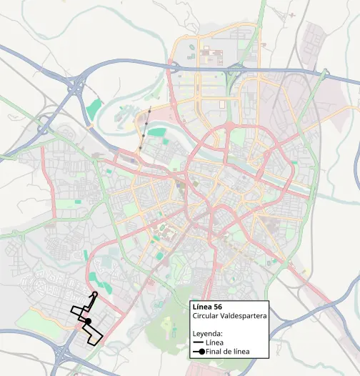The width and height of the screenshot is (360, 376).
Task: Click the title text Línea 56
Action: point(208,307)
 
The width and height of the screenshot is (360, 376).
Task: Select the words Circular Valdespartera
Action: point(226,316)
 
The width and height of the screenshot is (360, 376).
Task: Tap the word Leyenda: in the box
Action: point(208,333)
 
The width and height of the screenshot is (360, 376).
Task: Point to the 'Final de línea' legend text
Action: point(230,351)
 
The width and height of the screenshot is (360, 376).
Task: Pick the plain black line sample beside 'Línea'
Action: point(198,342)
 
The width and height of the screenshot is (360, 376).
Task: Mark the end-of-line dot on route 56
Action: point(87,322)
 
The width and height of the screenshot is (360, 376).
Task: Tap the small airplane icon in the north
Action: point(293,14)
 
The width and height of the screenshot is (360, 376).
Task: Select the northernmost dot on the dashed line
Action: point(150,110)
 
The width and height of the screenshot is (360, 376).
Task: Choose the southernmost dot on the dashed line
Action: point(140,148)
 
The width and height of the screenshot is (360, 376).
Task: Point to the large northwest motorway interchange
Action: point(75,88)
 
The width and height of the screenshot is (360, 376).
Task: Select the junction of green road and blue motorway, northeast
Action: point(323,74)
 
